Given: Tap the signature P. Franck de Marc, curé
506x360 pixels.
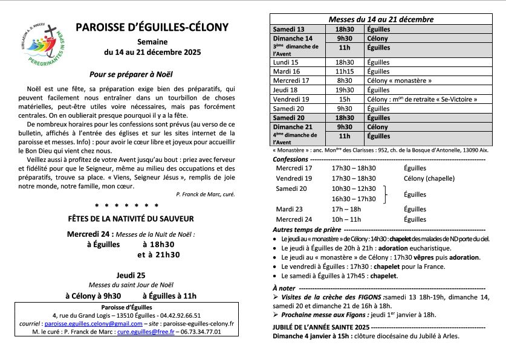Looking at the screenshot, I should coord(205,194).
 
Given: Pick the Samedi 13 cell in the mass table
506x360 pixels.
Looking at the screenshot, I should coord(289,29).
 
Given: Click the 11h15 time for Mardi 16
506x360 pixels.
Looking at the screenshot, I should coord(345,71).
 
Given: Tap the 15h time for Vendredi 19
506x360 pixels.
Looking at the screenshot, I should coord(345,99).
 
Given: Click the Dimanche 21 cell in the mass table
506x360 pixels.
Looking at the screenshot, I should coord(293,127).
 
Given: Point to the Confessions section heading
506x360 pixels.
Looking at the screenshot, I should coord(290,158).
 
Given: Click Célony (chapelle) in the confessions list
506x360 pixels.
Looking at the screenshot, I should coord(433,179).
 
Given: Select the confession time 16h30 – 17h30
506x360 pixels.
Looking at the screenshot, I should coord(354,199).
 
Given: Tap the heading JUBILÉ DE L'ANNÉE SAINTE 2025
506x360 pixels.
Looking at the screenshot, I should coord(320,327).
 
